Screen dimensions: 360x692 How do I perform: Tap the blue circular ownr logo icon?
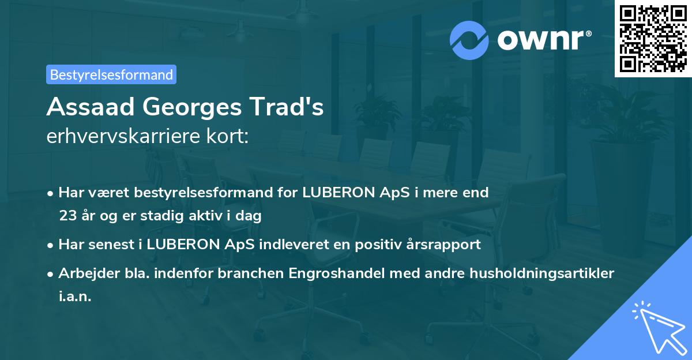(x=469, y=40)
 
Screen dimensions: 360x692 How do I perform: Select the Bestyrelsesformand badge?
(x=111, y=74)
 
